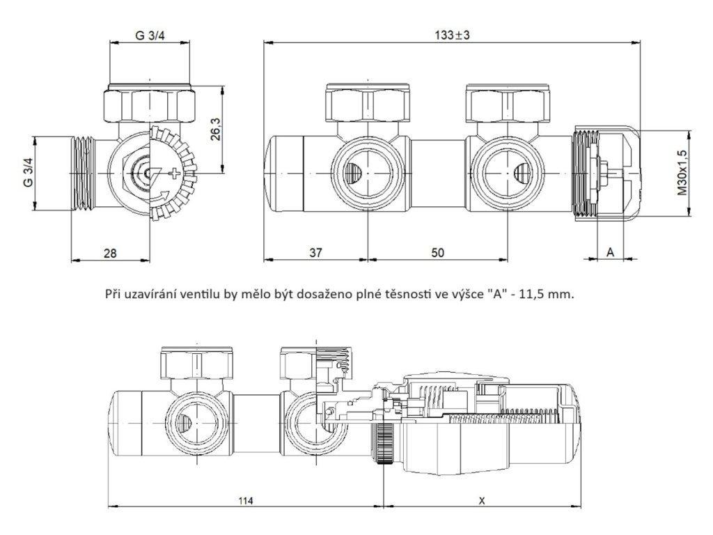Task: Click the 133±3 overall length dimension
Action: (x=450, y=35)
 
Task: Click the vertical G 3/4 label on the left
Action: (x=28, y=171)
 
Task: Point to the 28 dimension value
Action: (x=109, y=253)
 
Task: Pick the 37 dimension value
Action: (x=315, y=253)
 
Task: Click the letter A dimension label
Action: (x=610, y=253)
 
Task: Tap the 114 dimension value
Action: (x=244, y=501)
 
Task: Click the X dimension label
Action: (x=483, y=501)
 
